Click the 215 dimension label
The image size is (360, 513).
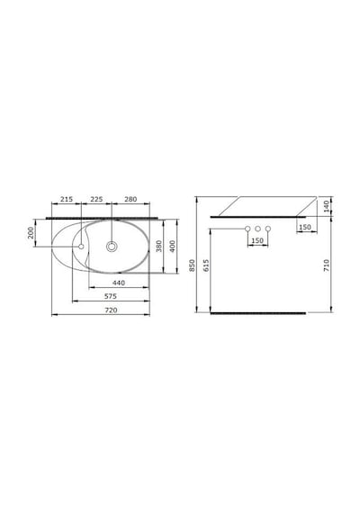(67, 199)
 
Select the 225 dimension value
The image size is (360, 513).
(96, 199)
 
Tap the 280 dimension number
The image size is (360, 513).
(130, 199)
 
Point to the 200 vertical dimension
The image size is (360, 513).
(31, 232)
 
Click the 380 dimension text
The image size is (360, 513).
(158, 247)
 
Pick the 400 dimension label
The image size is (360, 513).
(173, 247)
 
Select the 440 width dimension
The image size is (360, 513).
(119, 283)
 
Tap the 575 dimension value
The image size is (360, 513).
(111, 296)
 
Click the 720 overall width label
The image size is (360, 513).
(111, 310)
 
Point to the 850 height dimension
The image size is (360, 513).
(192, 265)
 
